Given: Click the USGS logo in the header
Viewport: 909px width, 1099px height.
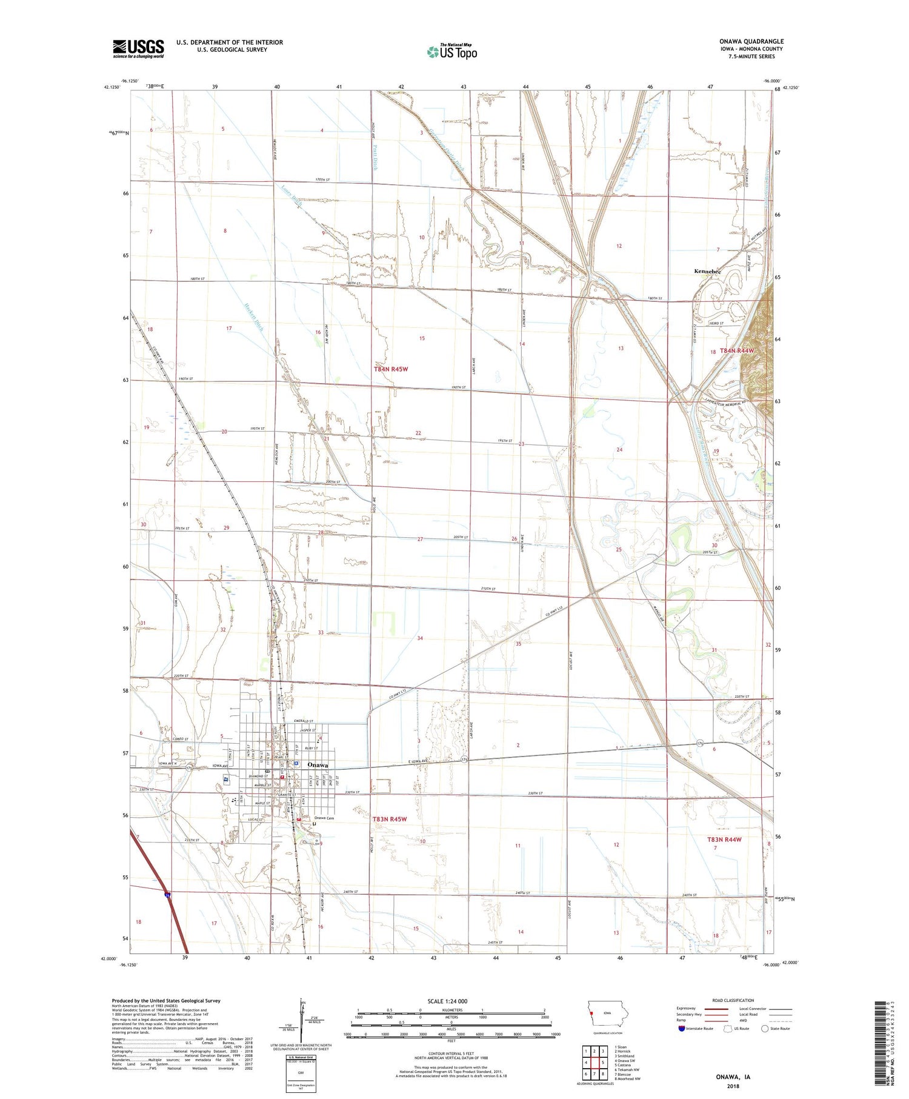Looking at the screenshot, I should pos(138,48).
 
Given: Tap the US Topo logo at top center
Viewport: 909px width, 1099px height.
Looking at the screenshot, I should pos(452,52).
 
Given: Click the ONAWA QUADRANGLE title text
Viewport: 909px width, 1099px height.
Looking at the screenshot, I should pos(751,41).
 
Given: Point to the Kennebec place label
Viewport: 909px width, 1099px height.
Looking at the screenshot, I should pos(707,272).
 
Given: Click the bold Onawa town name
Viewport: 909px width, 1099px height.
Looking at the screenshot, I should pos(318,765).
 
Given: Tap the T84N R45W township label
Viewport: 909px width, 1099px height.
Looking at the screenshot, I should pos(391,369).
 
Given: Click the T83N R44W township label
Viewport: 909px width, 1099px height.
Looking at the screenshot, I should pos(724,840).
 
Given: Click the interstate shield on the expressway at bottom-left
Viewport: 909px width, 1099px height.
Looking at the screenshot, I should pos(167,894).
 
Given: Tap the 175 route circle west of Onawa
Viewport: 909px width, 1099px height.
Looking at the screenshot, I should pos(190,767).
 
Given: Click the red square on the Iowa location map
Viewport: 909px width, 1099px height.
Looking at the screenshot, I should pos(591,1012).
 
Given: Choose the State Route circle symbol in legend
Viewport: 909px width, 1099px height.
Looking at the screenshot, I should pos(765,1028).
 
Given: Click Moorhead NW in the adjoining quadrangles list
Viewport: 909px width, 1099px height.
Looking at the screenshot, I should pos(627,1078).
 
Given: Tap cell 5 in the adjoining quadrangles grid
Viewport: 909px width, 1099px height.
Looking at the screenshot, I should pos(602,1062).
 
